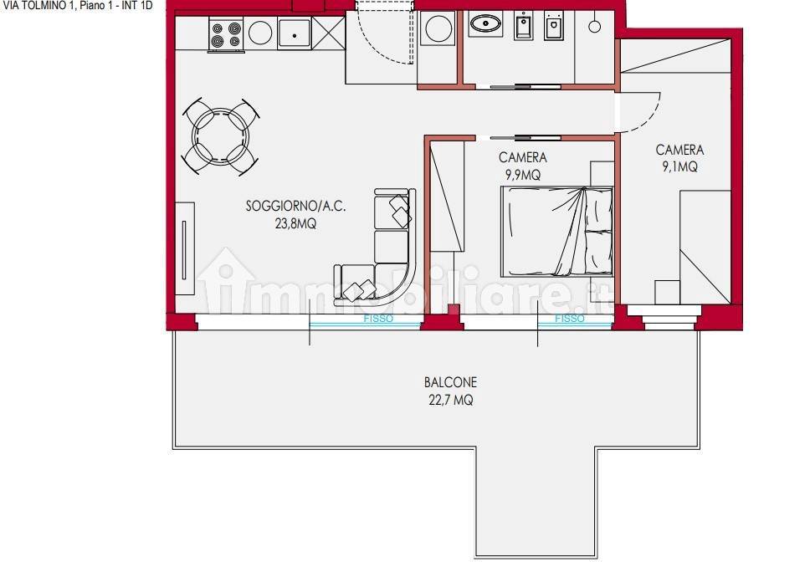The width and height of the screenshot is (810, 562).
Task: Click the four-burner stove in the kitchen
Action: tap(226, 34)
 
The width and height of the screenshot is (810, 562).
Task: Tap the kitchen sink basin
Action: tap(295, 33)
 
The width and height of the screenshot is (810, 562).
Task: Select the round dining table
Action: tap(221, 137)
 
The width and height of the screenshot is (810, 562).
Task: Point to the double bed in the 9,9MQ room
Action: tap(557, 231)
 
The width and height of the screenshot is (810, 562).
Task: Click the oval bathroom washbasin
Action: tap(485, 23)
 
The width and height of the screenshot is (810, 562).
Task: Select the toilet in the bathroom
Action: tap(554, 25)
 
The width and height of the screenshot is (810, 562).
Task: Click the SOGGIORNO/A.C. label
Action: tap(295, 206)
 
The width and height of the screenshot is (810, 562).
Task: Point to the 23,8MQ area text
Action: tap(295, 223)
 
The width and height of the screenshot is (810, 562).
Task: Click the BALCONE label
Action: tap(450, 382)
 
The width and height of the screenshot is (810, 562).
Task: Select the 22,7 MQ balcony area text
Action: tap(450, 400)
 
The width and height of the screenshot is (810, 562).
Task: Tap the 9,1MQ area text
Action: tap(679, 166)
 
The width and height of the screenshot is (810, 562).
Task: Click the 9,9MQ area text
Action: tap(523, 175)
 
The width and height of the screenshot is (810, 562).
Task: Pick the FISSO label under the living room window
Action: tap(378, 319)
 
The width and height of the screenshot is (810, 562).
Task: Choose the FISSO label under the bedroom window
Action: tap(570, 319)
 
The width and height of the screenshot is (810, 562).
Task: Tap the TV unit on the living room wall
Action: tap(184, 248)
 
